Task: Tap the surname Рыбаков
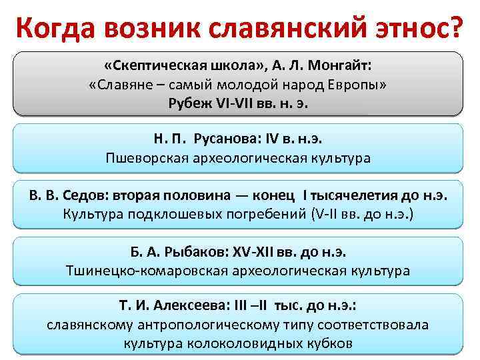point(195,252)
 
